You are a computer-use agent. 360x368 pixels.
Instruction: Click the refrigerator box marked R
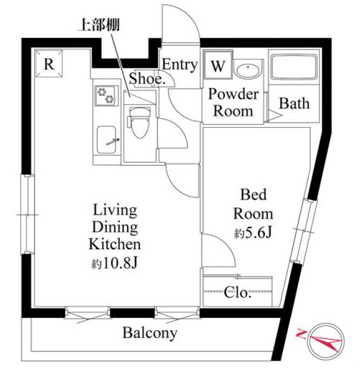49,63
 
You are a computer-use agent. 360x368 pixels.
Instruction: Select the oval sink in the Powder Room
247,70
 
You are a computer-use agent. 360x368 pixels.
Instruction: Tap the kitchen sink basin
107,139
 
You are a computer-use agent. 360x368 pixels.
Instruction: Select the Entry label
179,64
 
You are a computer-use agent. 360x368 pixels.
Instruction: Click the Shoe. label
148,80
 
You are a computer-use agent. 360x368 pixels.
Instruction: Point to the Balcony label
149,333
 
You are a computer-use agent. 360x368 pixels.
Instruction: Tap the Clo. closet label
239,293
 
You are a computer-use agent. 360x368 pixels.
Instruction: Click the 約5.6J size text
255,233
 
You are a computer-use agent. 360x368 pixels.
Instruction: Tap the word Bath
294,104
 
